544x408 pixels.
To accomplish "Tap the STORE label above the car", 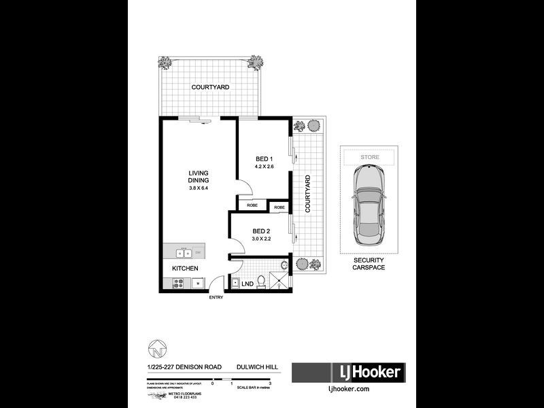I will click(370, 157).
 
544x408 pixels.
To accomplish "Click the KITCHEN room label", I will click(185, 269).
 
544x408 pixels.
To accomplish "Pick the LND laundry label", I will click(248, 284).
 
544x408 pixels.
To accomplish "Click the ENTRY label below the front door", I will click(216, 298).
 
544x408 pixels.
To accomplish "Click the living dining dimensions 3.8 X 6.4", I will click(199, 188).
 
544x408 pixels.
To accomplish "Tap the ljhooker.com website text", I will click(348, 389).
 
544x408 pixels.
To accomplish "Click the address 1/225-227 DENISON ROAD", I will click(184, 368).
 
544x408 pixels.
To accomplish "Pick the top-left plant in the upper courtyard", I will click(165, 63).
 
